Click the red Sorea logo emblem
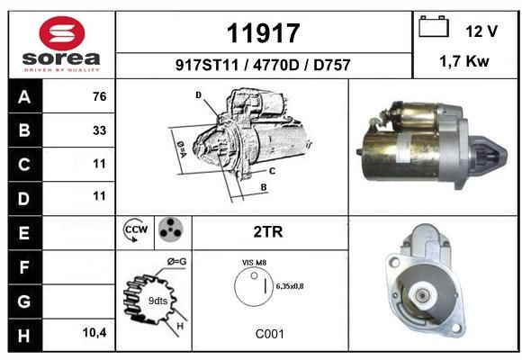click(x=62, y=33)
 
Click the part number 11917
click(x=264, y=33)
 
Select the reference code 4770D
click(x=276, y=65)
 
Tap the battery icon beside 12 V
click(x=434, y=26)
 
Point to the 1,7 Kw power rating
click(x=464, y=61)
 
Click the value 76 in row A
click(x=100, y=96)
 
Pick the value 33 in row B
click(x=100, y=130)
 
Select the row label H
click(x=24, y=336)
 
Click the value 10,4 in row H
click(x=94, y=332)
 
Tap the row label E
click(x=24, y=233)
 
